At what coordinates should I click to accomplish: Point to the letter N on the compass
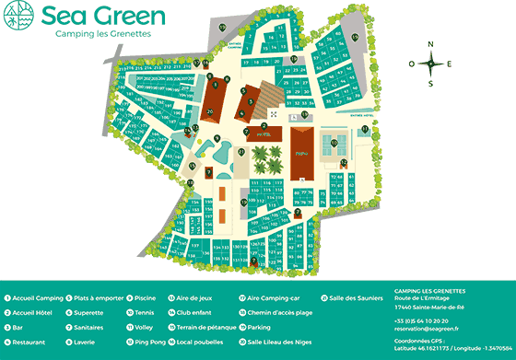point(429,44)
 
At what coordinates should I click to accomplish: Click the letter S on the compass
point(429,84)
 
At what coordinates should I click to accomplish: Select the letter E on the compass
point(449,64)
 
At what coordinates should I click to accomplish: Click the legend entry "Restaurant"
point(30,342)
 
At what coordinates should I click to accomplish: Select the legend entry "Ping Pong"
point(147,342)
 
